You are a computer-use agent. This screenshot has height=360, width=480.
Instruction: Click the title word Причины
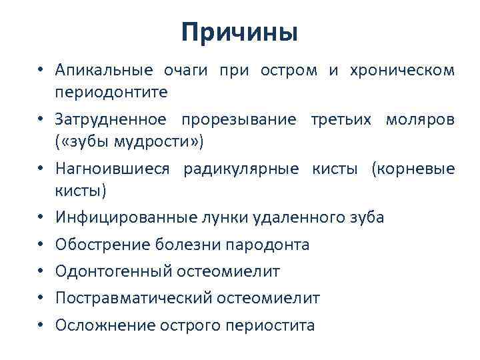tap(239, 32)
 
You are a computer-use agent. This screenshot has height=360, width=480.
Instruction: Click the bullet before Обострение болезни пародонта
tap(41, 245)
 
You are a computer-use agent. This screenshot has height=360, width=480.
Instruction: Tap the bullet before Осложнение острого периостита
tap(41, 325)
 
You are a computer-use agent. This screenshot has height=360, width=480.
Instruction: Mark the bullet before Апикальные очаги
tap(41, 70)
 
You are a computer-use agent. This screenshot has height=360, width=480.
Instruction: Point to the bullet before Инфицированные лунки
tap(41, 218)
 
